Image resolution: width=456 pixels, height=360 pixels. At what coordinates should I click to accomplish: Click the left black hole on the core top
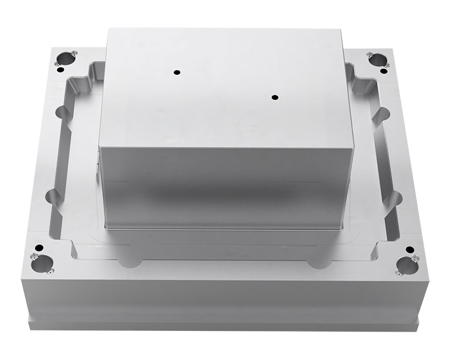(177, 72)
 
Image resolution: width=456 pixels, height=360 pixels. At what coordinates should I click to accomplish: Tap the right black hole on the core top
(275, 97)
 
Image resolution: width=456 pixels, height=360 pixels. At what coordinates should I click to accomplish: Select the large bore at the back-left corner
(66, 58)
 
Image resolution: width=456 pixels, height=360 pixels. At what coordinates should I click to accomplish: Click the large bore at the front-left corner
(42, 264)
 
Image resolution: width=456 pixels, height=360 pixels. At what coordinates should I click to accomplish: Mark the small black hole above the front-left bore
(39, 248)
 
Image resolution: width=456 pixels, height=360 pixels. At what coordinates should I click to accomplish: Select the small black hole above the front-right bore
(409, 250)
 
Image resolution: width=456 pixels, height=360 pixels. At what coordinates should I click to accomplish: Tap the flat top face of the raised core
(225, 85)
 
